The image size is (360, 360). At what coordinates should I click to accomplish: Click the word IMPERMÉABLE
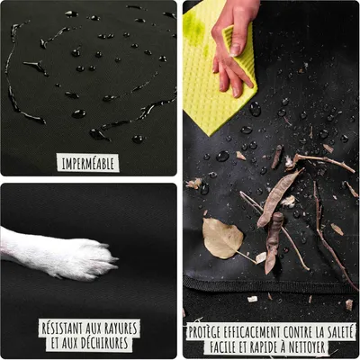[x=88, y=164]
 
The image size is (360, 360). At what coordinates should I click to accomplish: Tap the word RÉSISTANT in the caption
[x=62, y=328]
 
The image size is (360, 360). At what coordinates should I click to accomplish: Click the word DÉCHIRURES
[x=103, y=343]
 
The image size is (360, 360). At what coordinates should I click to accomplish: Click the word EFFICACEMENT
[x=250, y=332]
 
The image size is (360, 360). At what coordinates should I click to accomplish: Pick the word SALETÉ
[x=337, y=332]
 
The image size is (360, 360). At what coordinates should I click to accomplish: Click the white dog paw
[x=60, y=255]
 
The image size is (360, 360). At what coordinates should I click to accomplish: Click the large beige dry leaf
[x=222, y=238]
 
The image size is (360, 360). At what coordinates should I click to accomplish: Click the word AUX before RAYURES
[x=94, y=328]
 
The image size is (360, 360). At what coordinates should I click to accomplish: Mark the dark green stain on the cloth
[x=194, y=24]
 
